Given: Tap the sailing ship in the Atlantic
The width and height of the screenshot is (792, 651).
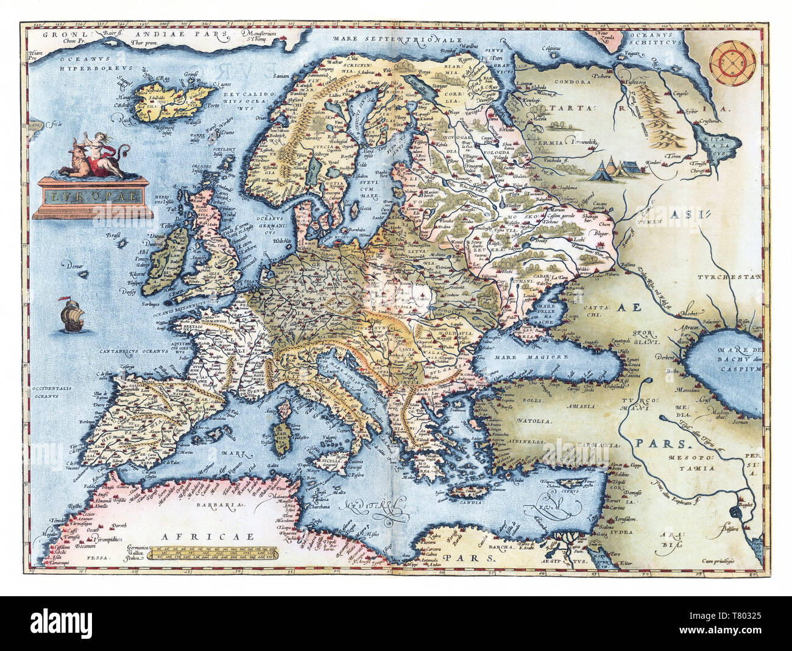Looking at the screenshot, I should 72,316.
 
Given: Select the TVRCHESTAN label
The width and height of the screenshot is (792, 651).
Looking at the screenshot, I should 730,277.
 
